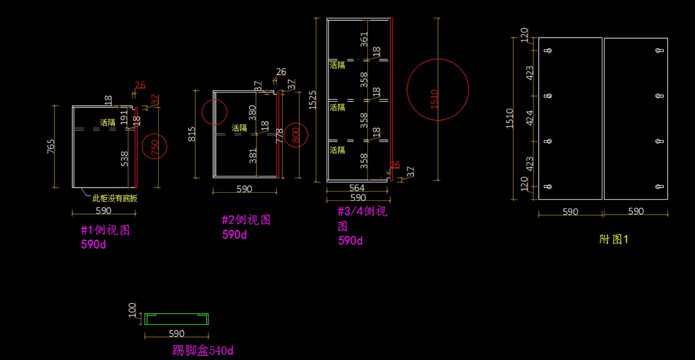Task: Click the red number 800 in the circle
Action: pyautogui.click(x=295, y=135)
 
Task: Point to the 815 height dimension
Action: pyautogui.click(x=192, y=134)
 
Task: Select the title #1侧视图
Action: pyautogui.click(x=105, y=230)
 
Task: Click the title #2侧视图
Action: pyautogui.click(x=246, y=220)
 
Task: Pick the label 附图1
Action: pyautogui.click(x=614, y=239)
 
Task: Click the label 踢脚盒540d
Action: pyautogui.click(x=203, y=350)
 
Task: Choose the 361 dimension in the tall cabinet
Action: pyautogui.click(x=364, y=40)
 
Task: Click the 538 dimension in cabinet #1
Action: pyautogui.click(x=124, y=159)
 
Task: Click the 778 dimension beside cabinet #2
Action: pyautogui.click(x=280, y=135)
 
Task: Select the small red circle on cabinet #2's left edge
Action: pyautogui.click(x=214, y=112)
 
